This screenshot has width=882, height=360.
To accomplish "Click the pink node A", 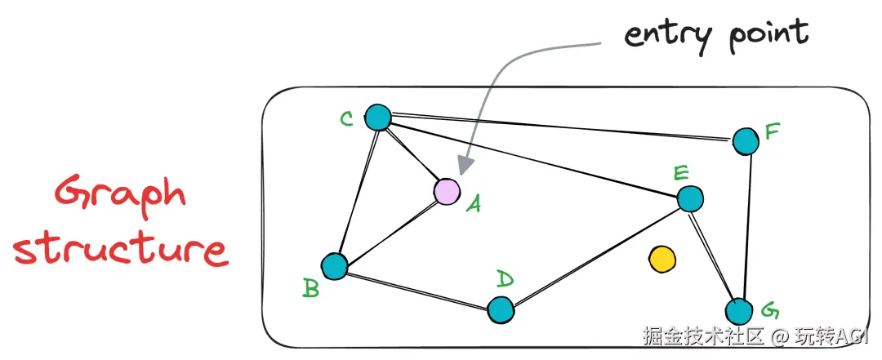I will [x=446, y=191].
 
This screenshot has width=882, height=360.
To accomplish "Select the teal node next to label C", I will [x=377, y=118].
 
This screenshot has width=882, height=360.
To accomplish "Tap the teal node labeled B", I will [x=334, y=266].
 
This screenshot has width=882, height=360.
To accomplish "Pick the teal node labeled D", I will [x=500, y=309].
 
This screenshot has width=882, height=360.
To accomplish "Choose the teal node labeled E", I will [x=690, y=198].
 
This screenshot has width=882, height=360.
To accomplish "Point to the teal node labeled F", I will [x=746, y=141].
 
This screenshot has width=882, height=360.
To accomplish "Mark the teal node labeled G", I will [x=739, y=311].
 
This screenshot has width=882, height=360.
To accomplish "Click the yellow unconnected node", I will [x=661, y=260].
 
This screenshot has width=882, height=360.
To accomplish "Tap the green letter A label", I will [x=473, y=204].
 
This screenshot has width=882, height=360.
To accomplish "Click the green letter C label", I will [x=346, y=120].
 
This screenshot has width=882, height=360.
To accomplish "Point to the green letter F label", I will [x=772, y=131].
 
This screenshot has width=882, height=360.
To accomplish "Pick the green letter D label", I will [x=506, y=280].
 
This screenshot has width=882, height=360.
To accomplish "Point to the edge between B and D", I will [x=416, y=288].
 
